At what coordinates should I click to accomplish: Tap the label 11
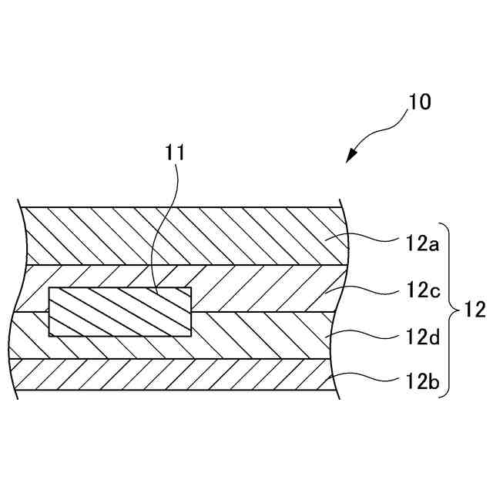176,151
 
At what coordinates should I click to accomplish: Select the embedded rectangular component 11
119,312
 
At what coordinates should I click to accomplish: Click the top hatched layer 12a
177,236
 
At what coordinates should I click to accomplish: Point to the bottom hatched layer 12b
177,375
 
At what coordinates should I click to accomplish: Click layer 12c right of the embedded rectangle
262,288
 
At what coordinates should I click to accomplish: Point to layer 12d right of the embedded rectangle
262,335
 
